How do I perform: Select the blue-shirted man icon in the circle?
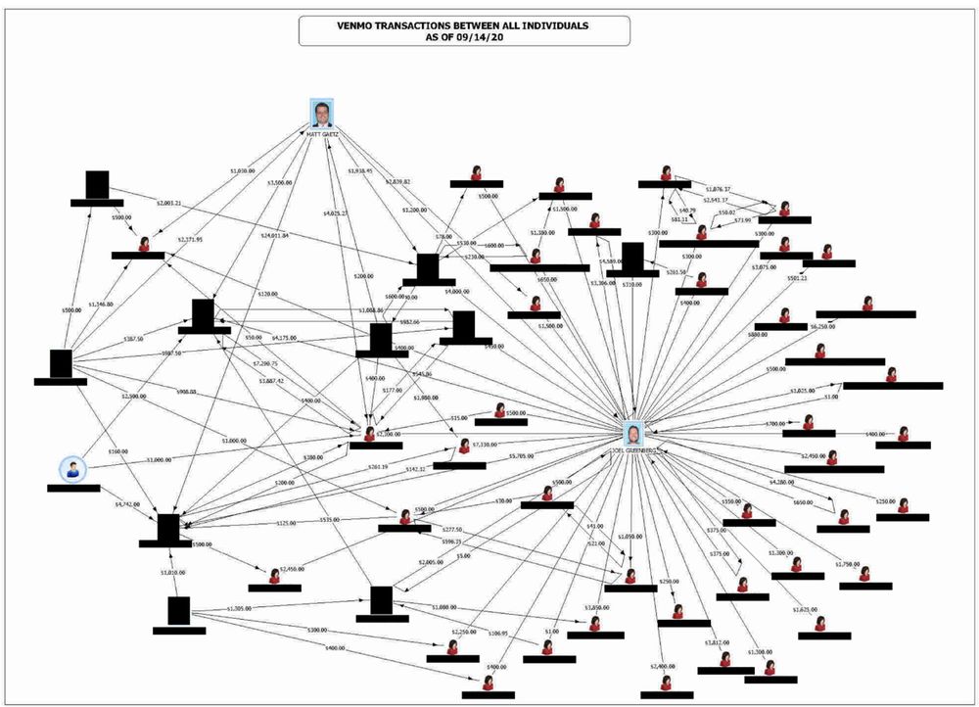(x=71, y=469)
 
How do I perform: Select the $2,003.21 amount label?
(x=169, y=203)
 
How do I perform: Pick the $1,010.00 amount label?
(x=173, y=571)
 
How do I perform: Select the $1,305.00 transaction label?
(x=240, y=609)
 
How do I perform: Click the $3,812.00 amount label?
(x=718, y=642)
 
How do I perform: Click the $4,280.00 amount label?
(x=781, y=482)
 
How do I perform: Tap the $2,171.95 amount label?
(x=189, y=239)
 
